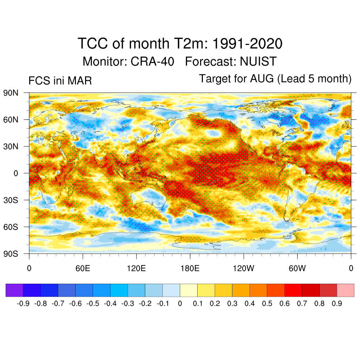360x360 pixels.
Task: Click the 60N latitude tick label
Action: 11,120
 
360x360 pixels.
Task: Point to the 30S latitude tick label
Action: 11,200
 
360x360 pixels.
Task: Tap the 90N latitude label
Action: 11,93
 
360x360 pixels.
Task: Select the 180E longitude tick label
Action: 190,269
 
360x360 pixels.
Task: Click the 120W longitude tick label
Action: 244,269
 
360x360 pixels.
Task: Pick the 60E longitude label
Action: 83,269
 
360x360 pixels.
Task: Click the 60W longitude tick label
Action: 297,269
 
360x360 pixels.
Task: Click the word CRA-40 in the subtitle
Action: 153,62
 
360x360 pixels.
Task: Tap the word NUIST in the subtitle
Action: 258,62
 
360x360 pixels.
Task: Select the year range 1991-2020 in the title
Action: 248,44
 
